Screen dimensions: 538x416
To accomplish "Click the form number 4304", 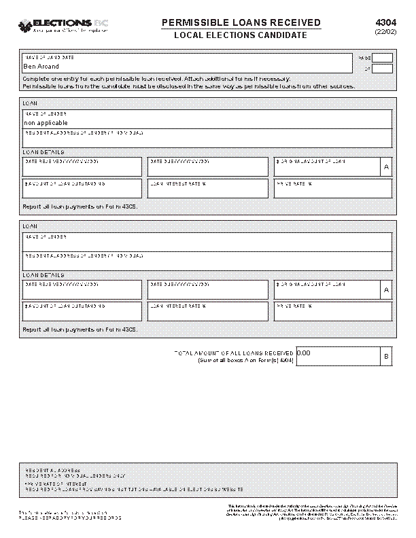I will coord(383,22).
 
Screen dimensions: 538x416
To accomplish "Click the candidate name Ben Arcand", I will coord(41,67).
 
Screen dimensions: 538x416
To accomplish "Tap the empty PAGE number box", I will coord(382,58).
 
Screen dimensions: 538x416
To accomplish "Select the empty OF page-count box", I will coord(382,69).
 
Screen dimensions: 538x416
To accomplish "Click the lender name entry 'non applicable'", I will coord(46,123).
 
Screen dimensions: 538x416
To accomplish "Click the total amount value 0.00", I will coord(304,353).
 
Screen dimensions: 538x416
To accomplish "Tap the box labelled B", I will coord(386,356).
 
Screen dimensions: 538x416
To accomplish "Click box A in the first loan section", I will coord(386,166).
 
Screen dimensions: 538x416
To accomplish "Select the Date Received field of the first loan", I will coord(82,167).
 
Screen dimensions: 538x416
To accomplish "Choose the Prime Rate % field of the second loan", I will coord(332,312).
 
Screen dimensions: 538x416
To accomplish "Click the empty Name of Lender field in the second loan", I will coord(207,242).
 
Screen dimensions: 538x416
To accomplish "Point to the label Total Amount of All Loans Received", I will coord(234,353).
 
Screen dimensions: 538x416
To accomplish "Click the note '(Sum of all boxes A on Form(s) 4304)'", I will coord(245,361).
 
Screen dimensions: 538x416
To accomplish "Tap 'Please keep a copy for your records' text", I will coord(70,518).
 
